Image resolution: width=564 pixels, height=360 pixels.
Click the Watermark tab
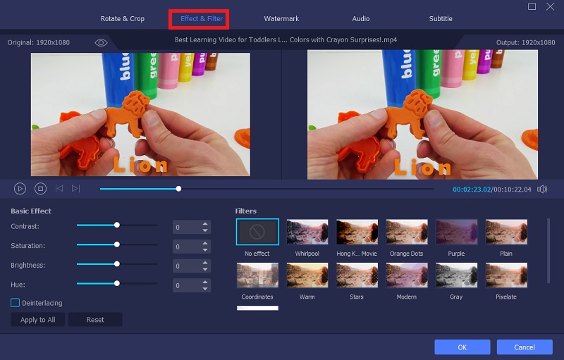[x=281, y=19]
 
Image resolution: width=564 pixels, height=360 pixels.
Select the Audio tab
[x=362, y=19]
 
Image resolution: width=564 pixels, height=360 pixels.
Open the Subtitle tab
[x=441, y=19]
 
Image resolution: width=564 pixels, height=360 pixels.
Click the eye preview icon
[x=101, y=43]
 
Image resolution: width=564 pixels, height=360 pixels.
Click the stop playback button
[x=40, y=189]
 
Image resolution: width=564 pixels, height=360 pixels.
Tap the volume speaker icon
[x=542, y=189]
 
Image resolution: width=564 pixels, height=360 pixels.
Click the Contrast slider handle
[x=117, y=225]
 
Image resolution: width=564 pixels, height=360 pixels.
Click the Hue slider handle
[x=117, y=283]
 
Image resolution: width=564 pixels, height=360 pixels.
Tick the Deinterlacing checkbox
[x=15, y=303]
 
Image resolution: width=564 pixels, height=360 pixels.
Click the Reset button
[x=95, y=320]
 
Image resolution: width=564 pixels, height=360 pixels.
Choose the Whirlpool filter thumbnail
[x=307, y=232]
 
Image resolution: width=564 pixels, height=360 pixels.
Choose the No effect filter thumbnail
[x=257, y=232]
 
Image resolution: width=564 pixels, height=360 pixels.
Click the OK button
[x=462, y=347]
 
